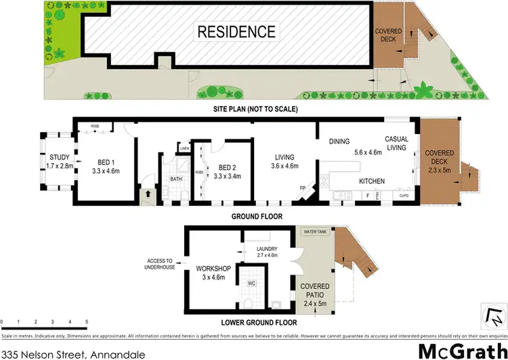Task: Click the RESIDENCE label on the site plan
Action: pos(236,31)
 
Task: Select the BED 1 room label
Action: pos(105,166)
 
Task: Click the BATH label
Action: pos(176,179)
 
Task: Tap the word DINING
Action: pos(339,141)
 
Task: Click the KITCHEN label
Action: pos(372,181)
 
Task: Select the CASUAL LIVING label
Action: pos(396,143)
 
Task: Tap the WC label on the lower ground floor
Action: pos(251,283)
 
